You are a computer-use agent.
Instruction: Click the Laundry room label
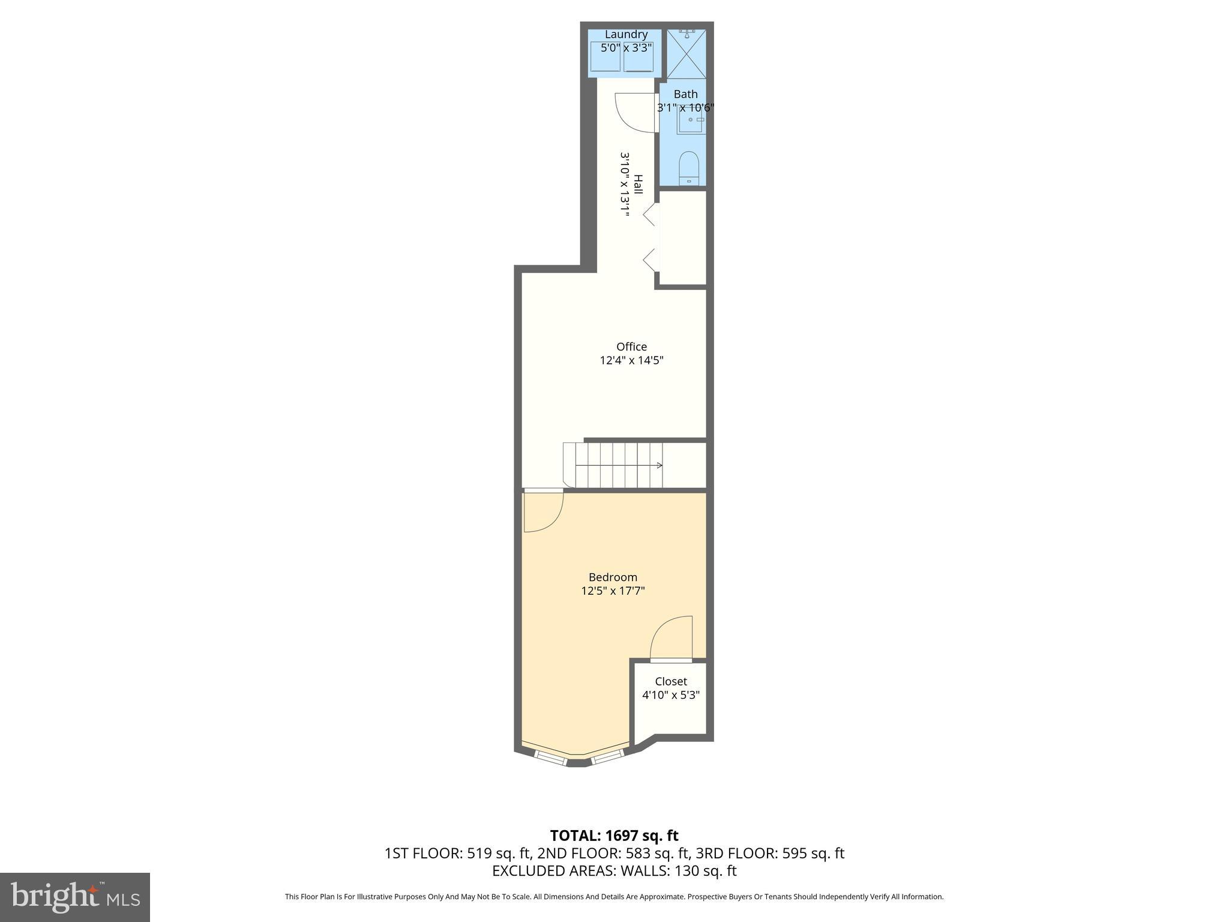[626, 34]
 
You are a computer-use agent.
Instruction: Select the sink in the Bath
[690, 120]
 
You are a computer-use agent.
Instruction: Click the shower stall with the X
[687, 54]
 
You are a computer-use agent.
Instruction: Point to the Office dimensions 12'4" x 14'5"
[631, 360]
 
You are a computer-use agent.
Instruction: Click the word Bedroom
[613, 577]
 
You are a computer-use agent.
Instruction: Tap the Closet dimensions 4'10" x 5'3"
[670, 695]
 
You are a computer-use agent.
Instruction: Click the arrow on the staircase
[658, 465]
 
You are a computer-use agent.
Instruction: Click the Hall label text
[638, 184]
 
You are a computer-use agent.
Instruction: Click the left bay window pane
[550, 758]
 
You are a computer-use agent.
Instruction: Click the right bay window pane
[607, 758]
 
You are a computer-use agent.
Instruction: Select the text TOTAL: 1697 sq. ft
[614, 836]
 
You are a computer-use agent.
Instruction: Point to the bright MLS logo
[74, 897]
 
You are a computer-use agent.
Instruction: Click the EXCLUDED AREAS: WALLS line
[614, 870]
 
